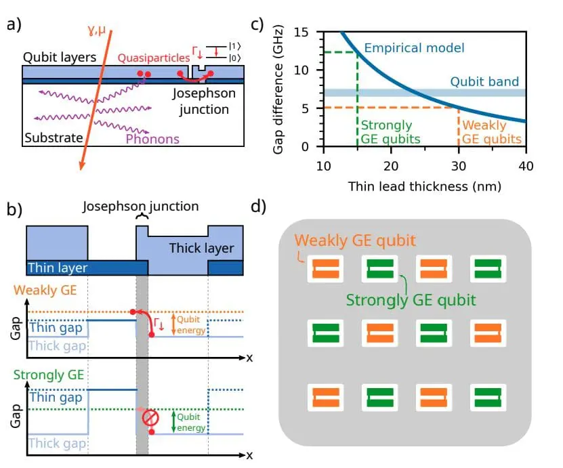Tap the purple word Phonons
tap(152, 139)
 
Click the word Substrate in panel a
tap(54, 138)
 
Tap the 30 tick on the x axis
tap(459, 167)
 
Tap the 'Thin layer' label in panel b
tap(58, 268)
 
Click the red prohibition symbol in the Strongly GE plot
tap(150, 419)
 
